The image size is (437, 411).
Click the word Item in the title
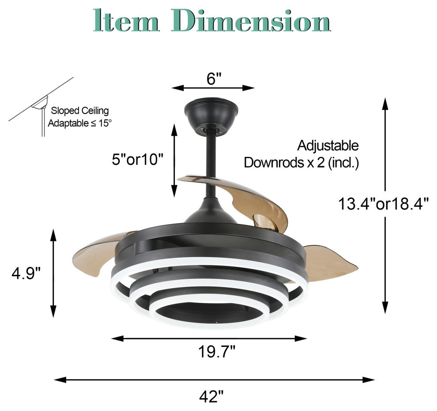click(126, 21)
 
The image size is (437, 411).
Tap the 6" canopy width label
click(213, 79)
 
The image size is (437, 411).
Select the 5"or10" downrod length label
click(137, 159)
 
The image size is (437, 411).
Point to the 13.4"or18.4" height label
click(383, 204)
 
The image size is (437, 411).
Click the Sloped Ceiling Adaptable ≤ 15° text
click(79, 117)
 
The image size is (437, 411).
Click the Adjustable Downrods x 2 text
click(301, 154)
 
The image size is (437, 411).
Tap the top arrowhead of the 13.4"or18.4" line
click(385, 103)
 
